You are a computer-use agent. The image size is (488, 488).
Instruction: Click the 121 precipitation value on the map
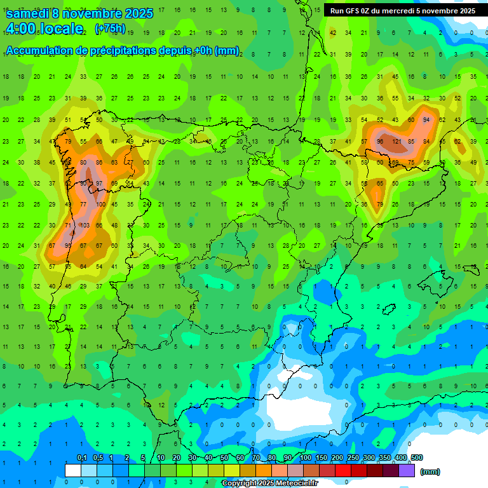click(x=398, y=141)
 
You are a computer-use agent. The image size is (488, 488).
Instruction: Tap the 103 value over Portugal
click(x=83, y=225)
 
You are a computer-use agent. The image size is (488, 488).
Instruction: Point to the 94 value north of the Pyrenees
click(x=426, y=119)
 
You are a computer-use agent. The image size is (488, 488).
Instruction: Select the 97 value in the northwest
click(x=98, y=184)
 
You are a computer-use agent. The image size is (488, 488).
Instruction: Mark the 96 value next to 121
click(x=380, y=141)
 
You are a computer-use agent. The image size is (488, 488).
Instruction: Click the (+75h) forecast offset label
click(x=109, y=29)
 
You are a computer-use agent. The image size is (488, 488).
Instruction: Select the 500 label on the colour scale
click(x=417, y=457)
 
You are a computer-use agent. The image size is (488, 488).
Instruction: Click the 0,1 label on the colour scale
click(x=81, y=457)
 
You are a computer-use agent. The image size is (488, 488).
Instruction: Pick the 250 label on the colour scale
click(x=353, y=457)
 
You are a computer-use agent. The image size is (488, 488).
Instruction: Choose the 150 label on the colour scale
click(x=322, y=457)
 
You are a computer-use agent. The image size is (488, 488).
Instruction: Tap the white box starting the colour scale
click(x=73, y=470)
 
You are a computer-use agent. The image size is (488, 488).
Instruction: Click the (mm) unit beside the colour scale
click(x=430, y=471)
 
